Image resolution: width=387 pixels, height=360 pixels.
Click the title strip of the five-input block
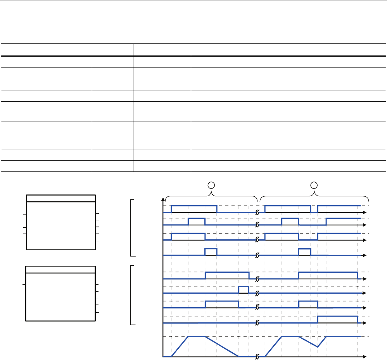pos(61,198)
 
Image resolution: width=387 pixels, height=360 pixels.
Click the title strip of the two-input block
pos(60,269)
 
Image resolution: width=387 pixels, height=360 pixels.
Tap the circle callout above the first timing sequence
pos(211,183)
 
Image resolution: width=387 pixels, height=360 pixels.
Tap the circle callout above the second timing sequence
pos(315,183)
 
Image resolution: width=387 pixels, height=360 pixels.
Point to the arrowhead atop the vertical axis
pos(163,199)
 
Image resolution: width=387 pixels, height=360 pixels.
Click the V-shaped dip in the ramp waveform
pos(318,346)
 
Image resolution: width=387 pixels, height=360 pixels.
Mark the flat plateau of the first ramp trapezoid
pos(196,336)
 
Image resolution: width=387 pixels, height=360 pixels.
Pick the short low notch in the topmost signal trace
pos(314,211)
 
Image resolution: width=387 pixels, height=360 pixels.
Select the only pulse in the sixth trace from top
pos(244,289)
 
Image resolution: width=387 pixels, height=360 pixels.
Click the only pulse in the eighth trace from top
pos(337,320)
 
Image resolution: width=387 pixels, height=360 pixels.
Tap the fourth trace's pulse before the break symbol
pos(211,252)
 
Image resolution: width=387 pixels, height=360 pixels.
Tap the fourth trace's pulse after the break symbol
pos(304,252)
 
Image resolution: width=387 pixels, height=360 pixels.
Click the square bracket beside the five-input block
pos(132,228)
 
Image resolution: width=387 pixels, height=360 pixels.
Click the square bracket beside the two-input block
pos(132,295)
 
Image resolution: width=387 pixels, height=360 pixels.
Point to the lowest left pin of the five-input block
pos(24,234)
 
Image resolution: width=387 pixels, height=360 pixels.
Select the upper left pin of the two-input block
pos(24,278)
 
